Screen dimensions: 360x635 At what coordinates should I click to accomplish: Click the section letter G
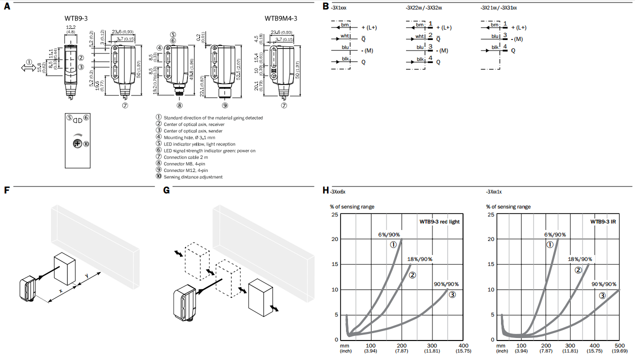[x=166, y=190]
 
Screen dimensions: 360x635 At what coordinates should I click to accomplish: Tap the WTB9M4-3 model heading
[x=280, y=19]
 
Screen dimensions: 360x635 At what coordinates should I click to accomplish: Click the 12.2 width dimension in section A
[x=70, y=27]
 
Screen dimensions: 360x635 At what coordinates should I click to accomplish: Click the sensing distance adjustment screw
[x=77, y=143]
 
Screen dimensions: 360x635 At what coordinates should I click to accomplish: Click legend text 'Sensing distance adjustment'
[x=193, y=176]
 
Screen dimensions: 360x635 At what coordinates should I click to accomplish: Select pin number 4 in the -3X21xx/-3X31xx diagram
[x=505, y=47]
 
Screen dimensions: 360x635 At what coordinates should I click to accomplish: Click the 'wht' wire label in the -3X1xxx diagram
[x=345, y=37]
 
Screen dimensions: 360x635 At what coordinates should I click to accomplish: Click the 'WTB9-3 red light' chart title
[x=439, y=221]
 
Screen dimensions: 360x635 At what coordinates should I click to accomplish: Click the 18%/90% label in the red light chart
[x=420, y=259]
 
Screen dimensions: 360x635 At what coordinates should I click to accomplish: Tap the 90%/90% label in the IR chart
[x=604, y=284]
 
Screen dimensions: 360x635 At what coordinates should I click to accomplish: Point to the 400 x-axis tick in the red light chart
[x=464, y=345]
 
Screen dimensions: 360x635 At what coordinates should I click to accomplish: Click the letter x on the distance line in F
[x=60, y=290]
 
